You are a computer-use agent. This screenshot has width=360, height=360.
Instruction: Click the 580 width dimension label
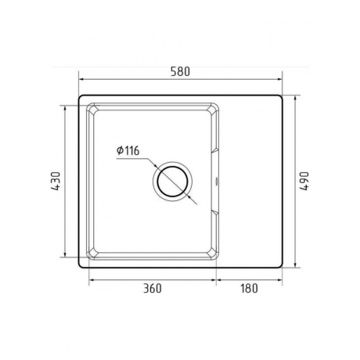(x=180, y=72)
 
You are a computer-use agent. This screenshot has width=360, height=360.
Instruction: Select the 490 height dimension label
(x=304, y=181)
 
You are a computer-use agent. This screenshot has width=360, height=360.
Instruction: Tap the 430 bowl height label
(x=56, y=181)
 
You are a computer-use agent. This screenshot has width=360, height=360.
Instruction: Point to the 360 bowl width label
(x=153, y=288)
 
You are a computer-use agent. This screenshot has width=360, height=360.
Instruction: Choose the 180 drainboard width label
(x=249, y=288)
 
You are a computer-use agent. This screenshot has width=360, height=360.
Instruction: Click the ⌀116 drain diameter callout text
(x=128, y=150)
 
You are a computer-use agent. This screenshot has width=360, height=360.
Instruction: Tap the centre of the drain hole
(x=172, y=182)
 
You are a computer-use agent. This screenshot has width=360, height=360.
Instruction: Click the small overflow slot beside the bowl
(x=216, y=181)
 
